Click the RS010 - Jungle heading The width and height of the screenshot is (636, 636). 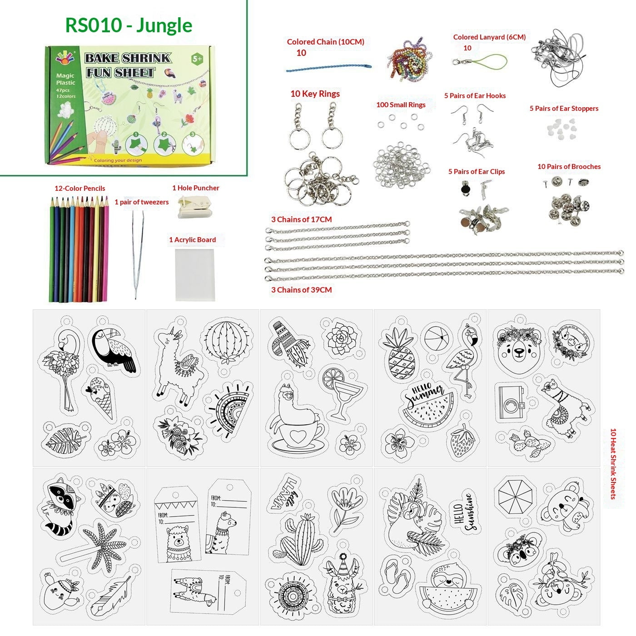click(129, 25)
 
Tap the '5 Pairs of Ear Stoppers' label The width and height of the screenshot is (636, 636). click(563, 109)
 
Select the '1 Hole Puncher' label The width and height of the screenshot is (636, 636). click(195, 188)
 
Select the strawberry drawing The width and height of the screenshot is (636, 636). click(463, 441)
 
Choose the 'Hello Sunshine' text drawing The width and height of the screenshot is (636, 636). click(466, 512)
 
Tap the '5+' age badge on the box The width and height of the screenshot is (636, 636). click(197, 59)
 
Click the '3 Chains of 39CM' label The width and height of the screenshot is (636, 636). click(301, 290)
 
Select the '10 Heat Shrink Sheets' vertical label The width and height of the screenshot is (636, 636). click(613, 463)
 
